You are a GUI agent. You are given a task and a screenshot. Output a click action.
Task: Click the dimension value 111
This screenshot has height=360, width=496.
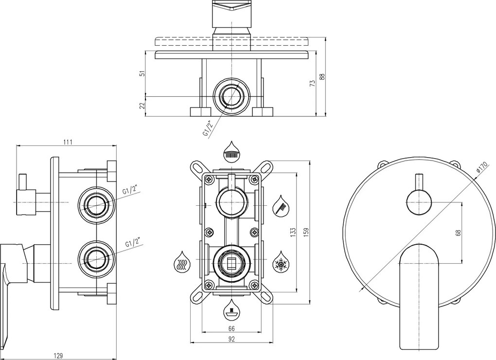point(68,142)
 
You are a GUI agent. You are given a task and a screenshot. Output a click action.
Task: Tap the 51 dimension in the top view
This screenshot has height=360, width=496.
point(142,73)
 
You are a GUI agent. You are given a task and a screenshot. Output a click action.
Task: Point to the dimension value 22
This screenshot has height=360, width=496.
point(142,106)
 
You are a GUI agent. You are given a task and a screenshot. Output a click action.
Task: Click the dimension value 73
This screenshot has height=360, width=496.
point(313,83)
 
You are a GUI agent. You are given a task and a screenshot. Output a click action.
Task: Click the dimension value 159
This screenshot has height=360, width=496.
point(305,233)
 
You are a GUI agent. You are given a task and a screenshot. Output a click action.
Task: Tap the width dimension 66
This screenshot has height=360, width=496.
point(231,329)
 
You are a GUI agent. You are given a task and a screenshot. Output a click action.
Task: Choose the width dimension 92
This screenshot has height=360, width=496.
point(231,340)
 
